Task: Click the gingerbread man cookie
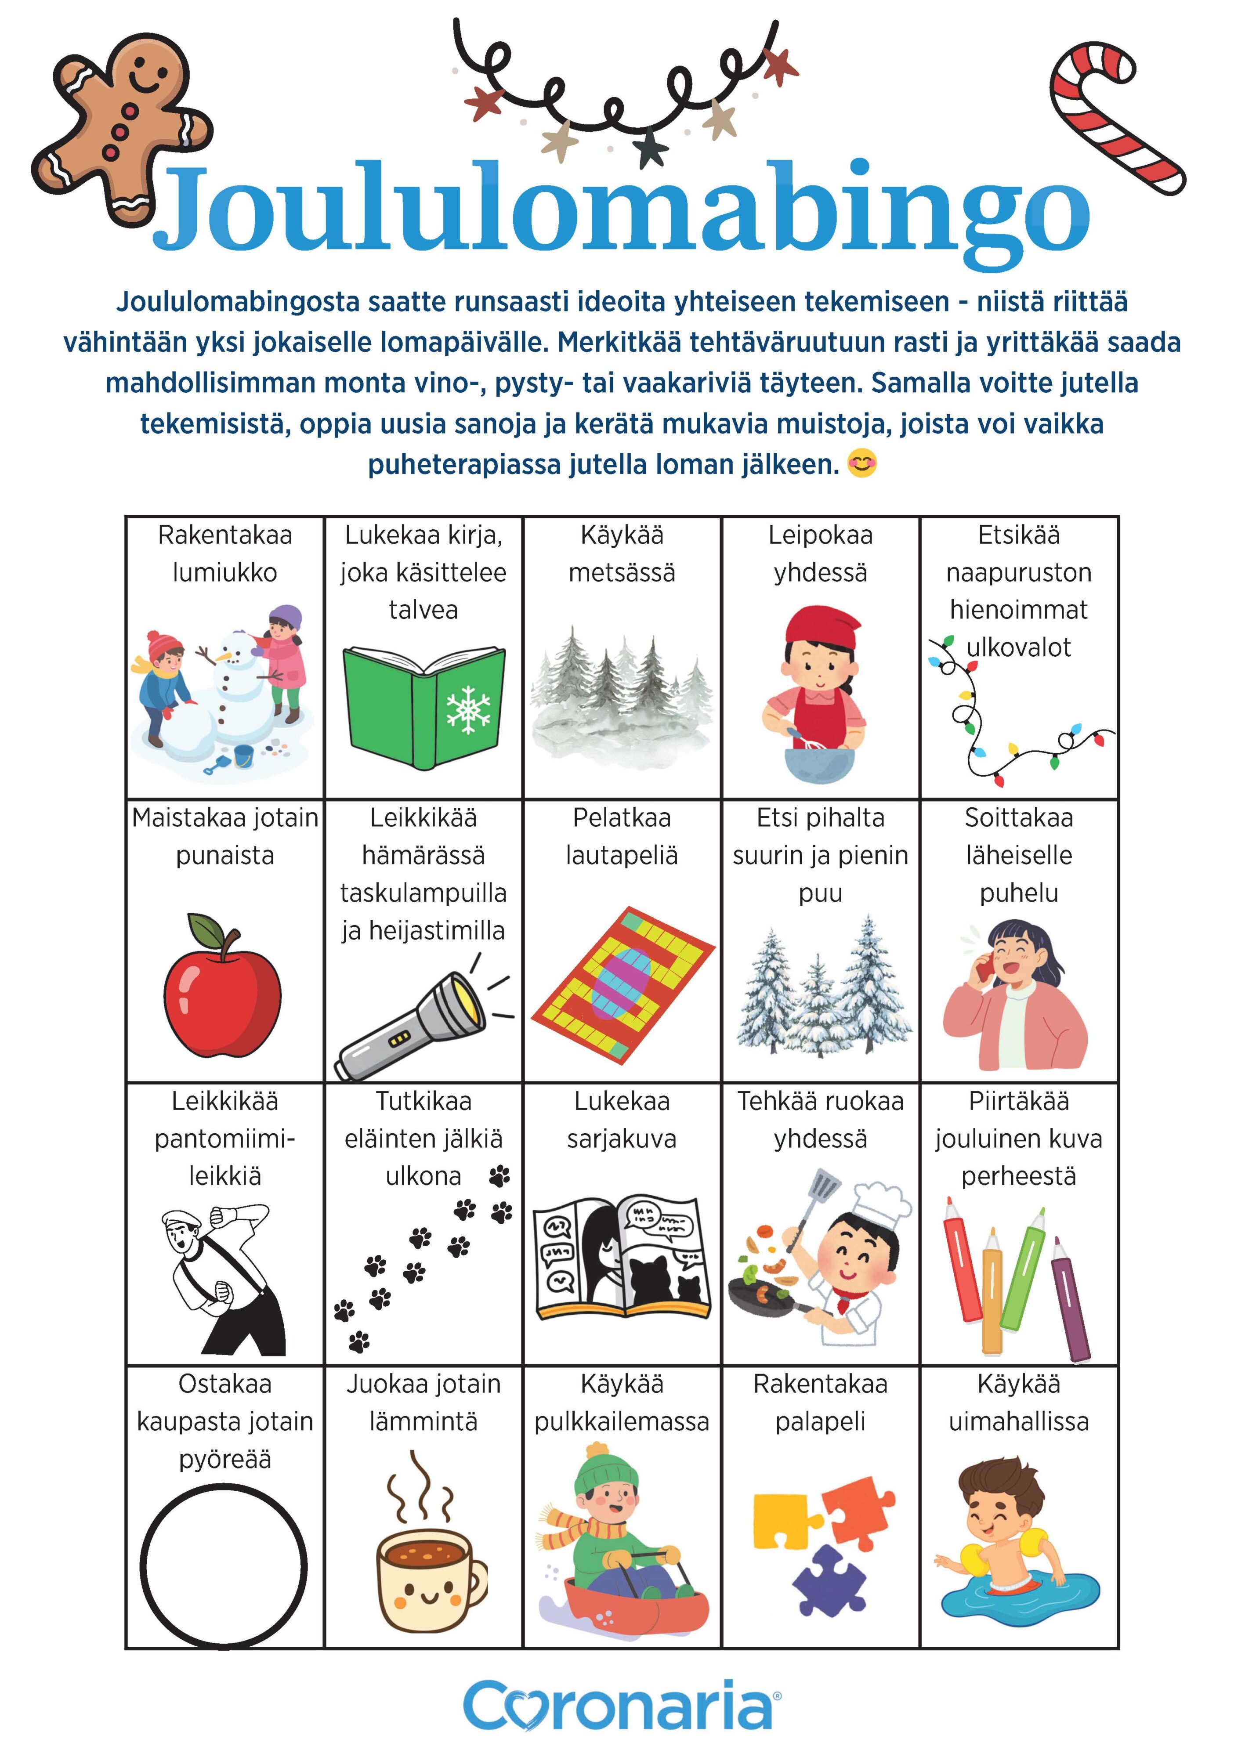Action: pos(123,123)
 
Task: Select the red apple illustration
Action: pos(222,989)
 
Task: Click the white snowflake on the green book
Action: pos(467,709)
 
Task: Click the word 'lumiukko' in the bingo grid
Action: pos(224,572)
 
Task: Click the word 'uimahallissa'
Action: pos(1018,1421)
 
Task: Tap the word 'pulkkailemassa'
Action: pos(622,1421)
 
